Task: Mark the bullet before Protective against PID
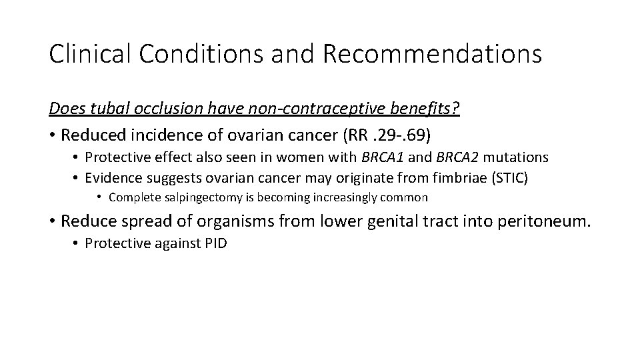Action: click(76, 243)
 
